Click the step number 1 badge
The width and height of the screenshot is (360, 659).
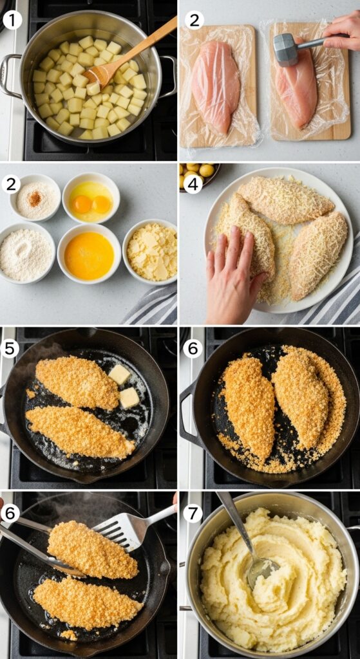point(12,21)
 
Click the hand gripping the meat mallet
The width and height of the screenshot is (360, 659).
point(345,32)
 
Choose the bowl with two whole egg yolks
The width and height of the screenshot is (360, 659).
point(91,197)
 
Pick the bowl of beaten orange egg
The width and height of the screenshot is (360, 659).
point(89,255)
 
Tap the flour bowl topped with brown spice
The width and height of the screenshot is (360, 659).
point(35,198)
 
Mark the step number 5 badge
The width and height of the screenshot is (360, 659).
point(11,348)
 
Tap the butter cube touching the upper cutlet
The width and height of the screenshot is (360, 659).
point(119,374)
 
